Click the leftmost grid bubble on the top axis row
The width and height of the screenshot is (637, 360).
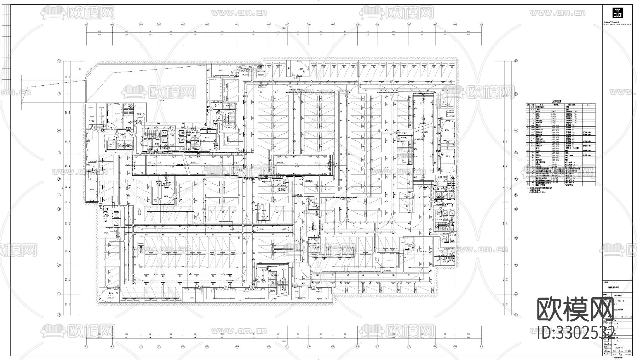[87, 24]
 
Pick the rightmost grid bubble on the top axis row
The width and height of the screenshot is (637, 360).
[481, 24]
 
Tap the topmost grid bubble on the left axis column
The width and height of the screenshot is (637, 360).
[59, 61]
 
